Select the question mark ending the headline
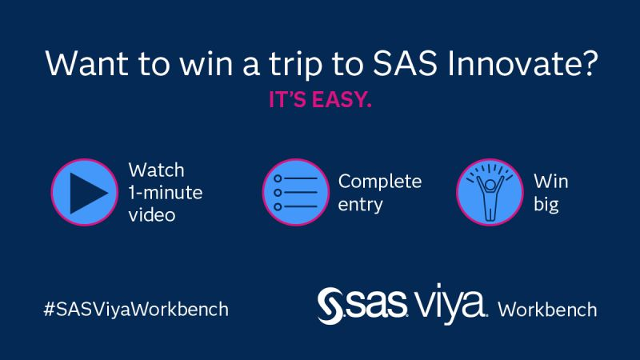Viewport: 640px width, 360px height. [x=590, y=64]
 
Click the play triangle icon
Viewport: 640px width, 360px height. [x=85, y=193]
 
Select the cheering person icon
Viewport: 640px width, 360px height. [x=490, y=193]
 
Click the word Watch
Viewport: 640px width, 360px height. [x=156, y=170]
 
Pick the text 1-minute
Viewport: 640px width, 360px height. [x=166, y=193]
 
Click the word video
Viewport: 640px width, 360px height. [x=152, y=215]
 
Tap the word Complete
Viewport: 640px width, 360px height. [x=379, y=182]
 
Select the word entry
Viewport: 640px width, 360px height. [x=360, y=204]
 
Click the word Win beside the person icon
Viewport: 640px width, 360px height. [x=550, y=182]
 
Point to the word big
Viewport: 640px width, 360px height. [x=546, y=204]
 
